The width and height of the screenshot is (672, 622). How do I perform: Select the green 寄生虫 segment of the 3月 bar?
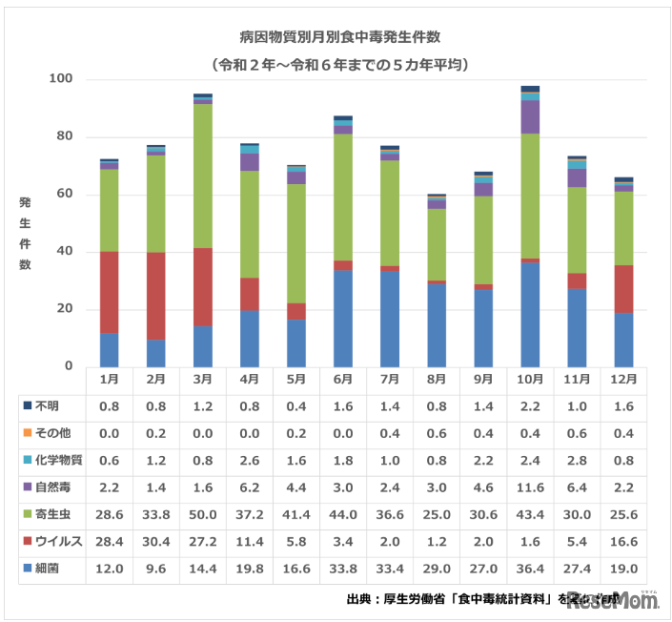[x=202, y=176]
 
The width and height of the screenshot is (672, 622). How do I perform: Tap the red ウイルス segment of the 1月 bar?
[x=109, y=292]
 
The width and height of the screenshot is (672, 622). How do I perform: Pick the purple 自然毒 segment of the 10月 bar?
[x=530, y=116]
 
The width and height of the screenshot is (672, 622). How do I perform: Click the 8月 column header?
[x=437, y=379]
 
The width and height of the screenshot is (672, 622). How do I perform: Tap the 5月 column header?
[x=296, y=379]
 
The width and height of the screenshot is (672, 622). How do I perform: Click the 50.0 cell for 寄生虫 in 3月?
[x=202, y=514]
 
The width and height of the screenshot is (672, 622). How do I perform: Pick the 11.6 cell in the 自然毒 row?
[x=530, y=487]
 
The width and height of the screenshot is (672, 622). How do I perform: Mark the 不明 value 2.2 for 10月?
[x=530, y=405]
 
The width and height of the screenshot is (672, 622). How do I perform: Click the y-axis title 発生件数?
[x=24, y=234]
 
